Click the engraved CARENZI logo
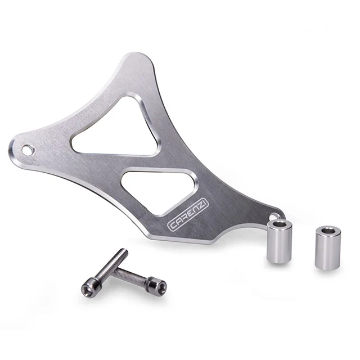pos(188,215)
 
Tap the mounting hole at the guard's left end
pos(28,150)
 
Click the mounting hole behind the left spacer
pos(274,216)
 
